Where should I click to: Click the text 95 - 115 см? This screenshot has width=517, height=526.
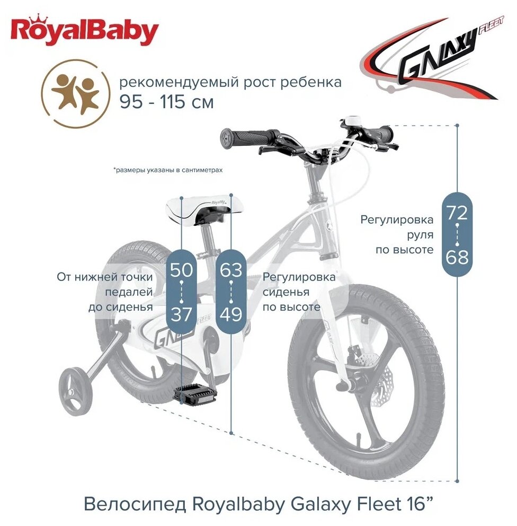tap(166, 101)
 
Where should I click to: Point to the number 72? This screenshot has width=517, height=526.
tap(457, 213)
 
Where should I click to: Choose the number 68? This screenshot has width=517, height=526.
tap(457, 258)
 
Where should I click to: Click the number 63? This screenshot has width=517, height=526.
tap(231, 270)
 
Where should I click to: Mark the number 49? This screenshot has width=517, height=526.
tap(231, 314)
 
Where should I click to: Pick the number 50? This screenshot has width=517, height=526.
tap(181, 270)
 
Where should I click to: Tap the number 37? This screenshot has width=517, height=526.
tap(181, 314)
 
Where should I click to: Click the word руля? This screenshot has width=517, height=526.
tap(422, 234)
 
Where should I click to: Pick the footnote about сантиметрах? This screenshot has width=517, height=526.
tap(167, 170)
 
